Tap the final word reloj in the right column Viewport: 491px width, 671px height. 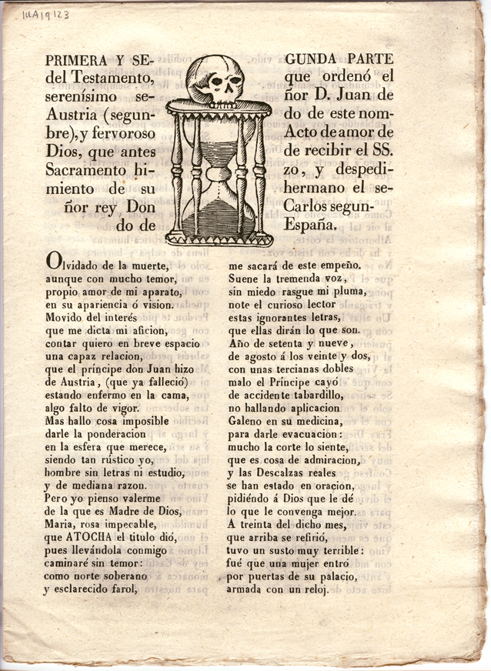(x=312, y=591)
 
